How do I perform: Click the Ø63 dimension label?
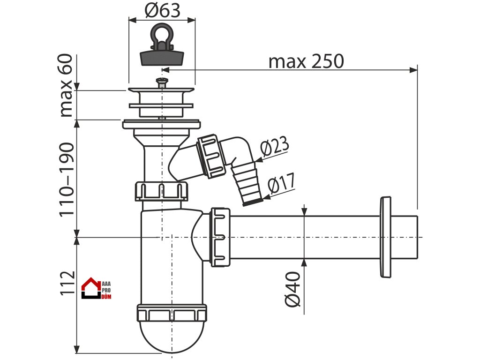click(162, 10)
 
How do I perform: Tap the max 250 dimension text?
click(306, 61)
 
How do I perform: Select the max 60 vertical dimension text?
click(66, 85)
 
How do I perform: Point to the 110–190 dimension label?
click(66, 179)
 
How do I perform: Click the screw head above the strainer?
click(161, 84)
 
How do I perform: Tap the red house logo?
click(91, 289)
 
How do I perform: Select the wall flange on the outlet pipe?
click(385, 237)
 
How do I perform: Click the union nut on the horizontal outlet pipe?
click(221, 237)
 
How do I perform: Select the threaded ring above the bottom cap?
click(172, 313)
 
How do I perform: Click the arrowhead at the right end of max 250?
click(414, 70)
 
